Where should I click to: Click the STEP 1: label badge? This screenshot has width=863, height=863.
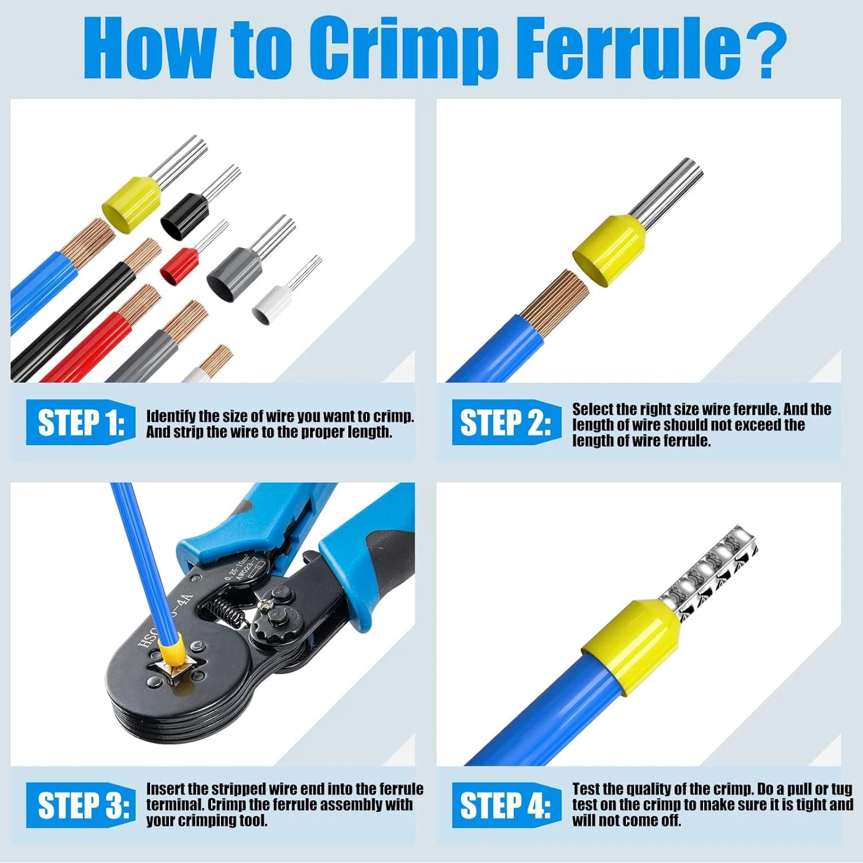pyautogui.click(x=81, y=423)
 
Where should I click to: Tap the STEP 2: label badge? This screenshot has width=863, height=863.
pyautogui.click(x=505, y=423)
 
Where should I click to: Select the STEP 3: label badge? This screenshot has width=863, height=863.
pyautogui.click(x=81, y=805)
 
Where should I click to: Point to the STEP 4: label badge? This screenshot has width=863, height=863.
pyautogui.click(x=505, y=805)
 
